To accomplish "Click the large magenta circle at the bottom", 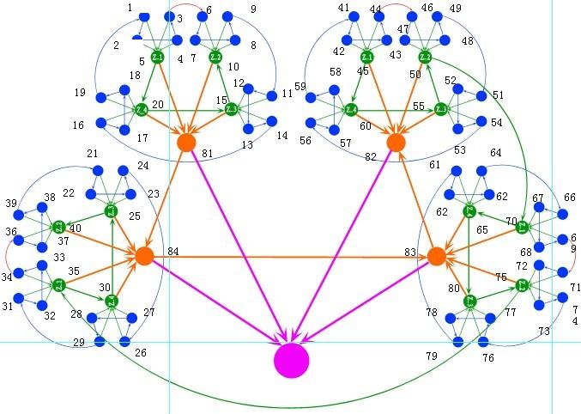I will click(x=291, y=360).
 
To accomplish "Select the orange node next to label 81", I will click(x=186, y=143).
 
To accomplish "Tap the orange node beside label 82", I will click(x=395, y=143).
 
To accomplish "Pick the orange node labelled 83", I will click(x=436, y=256).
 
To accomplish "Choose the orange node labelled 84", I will click(x=144, y=255).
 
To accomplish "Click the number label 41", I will click(x=344, y=8).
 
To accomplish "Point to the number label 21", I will click(x=93, y=153).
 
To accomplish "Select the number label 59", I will click(x=300, y=87).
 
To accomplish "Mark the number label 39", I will click(x=12, y=204).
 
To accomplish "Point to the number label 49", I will click(x=455, y=9).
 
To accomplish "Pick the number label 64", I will click(x=496, y=153).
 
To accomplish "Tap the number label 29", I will click(x=79, y=342).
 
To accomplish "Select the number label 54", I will click(x=496, y=123).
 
